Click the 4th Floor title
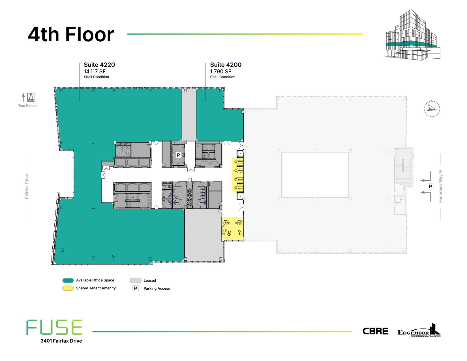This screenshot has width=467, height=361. tap(71, 35)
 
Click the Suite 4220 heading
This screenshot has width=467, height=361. tap(99, 65)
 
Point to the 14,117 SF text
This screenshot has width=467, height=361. tap(95, 72)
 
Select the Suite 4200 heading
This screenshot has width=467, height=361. tap(226, 65)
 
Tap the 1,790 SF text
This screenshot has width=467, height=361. tap(220, 72)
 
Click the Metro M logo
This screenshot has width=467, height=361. tap(31, 97)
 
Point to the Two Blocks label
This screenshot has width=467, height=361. tap(28, 106)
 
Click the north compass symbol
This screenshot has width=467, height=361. tap(432, 108)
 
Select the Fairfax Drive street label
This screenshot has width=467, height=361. tap(27, 186)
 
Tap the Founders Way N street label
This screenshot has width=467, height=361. tap(440, 186)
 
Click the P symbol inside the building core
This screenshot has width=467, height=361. tap(178, 155)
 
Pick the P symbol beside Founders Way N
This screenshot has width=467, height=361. tap(430, 186)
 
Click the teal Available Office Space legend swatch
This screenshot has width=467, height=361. tap(68, 280)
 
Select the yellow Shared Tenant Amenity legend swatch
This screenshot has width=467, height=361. tap(68, 288)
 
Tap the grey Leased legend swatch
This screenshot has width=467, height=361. tap(135, 280)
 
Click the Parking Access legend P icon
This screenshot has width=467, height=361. tap(136, 289)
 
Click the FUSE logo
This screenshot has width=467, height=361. tap(54, 327)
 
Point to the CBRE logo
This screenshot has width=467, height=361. tap(375, 331)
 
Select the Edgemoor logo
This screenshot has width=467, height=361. tap(419, 331)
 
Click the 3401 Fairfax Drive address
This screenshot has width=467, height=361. tap(61, 341)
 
